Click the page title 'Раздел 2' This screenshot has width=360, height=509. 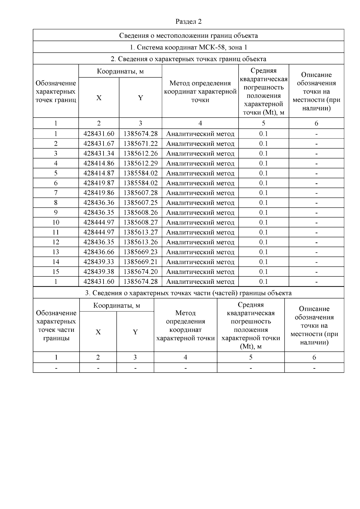tap(188, 22)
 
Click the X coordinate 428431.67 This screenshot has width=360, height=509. tap(99, 144)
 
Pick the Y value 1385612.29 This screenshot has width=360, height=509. tap(140, 163)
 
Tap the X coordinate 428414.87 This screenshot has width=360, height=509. tap(99, 173)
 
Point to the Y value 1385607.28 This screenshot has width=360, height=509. tap(140, 193)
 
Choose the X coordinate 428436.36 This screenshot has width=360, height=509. tap(99, 203)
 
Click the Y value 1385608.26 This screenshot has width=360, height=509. tap(140, 213)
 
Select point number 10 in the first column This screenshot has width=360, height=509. tap(56, 222)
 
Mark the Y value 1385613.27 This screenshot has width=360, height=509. tap(140, 232)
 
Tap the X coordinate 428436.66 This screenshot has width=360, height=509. tap(99, 252)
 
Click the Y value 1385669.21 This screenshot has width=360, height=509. tap(140, 262)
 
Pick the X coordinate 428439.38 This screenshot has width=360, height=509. tap(99, 272)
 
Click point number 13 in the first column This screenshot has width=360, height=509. tap(56, 252)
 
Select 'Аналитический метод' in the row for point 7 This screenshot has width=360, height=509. tap(200, 193)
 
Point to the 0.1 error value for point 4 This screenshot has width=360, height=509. tap(263, 163)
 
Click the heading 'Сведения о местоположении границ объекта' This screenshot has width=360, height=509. tap(188, 36)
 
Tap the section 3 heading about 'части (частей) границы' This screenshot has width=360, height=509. tap(188, 293)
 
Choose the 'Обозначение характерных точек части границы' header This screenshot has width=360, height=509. tap(56, 326)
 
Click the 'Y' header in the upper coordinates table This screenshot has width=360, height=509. tap(140, 98)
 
